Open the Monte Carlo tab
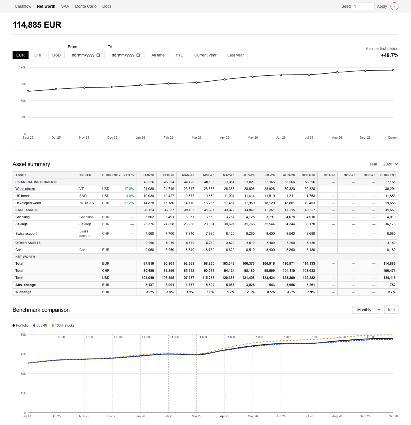pos(86,6)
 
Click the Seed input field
pos(363,6)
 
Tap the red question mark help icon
pos(394,6)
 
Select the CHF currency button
pos(39,55)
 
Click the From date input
pos(86,55)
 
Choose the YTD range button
pos(180,55)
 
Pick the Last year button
pos(235,55)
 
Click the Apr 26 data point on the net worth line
pos(225,80)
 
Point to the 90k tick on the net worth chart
pos(23,84)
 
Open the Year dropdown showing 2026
pos(389,164)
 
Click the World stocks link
pos(25,189)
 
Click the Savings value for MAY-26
pos(229,224)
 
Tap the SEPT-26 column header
pos(309,175)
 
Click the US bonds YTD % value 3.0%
pos(130,196)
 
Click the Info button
pos(391,309)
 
